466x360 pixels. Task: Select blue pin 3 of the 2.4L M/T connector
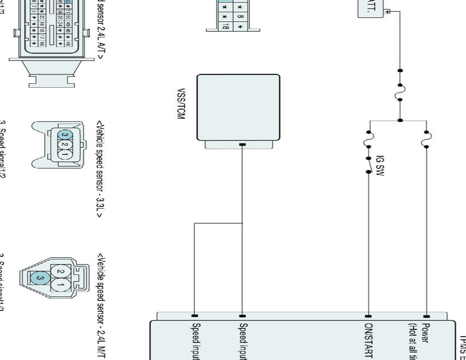pos(40,277)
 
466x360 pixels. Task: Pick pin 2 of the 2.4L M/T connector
pos(61,272)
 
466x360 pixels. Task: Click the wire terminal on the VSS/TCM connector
pos(242,145)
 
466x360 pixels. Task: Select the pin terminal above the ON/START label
pos(369,316)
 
